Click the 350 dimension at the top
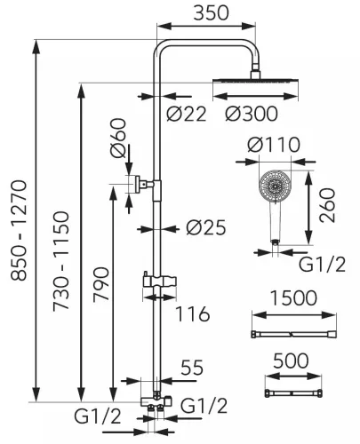coord(211,13)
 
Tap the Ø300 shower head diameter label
coord(252,114)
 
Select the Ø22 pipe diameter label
coord(186,114)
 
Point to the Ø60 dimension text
coord(118,138)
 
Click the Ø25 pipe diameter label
coord(206,227)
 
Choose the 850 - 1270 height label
coord(19,230)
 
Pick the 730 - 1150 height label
coord(61,261)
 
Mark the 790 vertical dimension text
coord(101,284)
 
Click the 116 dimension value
coord(193,314)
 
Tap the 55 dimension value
coord(192,368)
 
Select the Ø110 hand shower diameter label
coord(274,145)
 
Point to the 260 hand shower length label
coord(327,205)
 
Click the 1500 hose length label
coord(293,298)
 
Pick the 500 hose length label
coord(291,361)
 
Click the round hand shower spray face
coord(276,186)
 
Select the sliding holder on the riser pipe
coord(159,281)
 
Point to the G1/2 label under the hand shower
coord(322,265)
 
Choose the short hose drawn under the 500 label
coord(293,393)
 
